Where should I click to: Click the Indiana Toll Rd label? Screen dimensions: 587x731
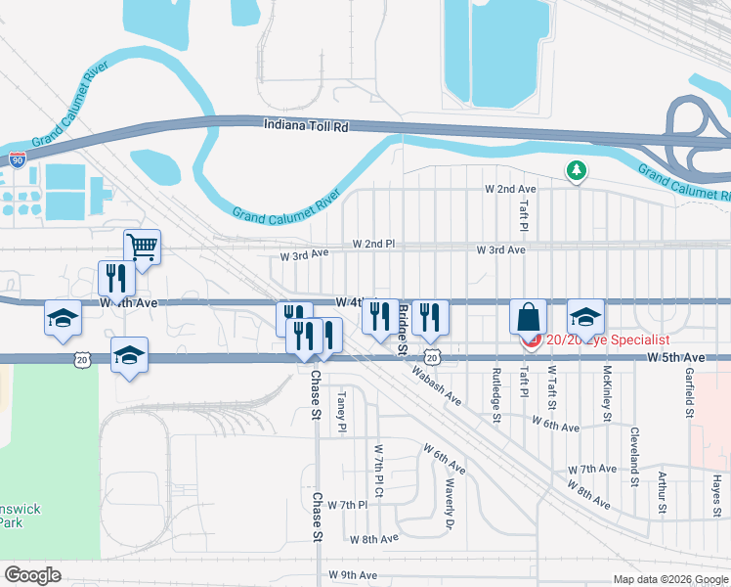[306, 125]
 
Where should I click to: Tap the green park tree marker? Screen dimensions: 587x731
[577, 171]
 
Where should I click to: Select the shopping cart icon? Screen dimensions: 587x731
[142, 248]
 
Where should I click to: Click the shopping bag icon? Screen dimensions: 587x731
[528, 317]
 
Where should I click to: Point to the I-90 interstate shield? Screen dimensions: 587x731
[18, 157]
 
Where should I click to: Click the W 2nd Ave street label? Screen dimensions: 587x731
[511, 188]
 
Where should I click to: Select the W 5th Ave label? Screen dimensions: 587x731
[675, 359]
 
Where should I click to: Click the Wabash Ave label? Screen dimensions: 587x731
[436, 385]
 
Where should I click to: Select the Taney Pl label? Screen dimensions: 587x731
[342, 413]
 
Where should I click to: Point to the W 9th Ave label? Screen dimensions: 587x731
[353, 574]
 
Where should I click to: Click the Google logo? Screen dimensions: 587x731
[32, 575]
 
